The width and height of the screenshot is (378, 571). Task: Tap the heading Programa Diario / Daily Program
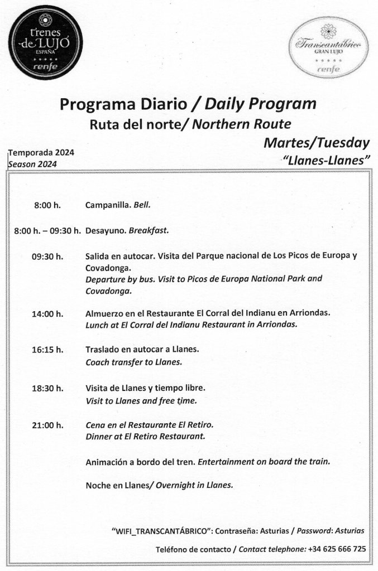[x=188, y=104]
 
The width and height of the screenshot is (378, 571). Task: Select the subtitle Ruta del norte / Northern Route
[x=190, y=123]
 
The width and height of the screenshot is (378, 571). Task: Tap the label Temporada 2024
[x=41, y=153]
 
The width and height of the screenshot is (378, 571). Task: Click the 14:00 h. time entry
[x=47, y=313]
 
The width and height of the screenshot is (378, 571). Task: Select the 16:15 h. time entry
[x=47, y=350]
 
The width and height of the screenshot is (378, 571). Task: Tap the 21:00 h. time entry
[x=47, y=424]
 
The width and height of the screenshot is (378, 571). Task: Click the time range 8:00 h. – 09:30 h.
[x=49, y=230]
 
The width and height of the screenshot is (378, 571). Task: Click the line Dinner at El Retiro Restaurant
[x=145, y=436]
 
